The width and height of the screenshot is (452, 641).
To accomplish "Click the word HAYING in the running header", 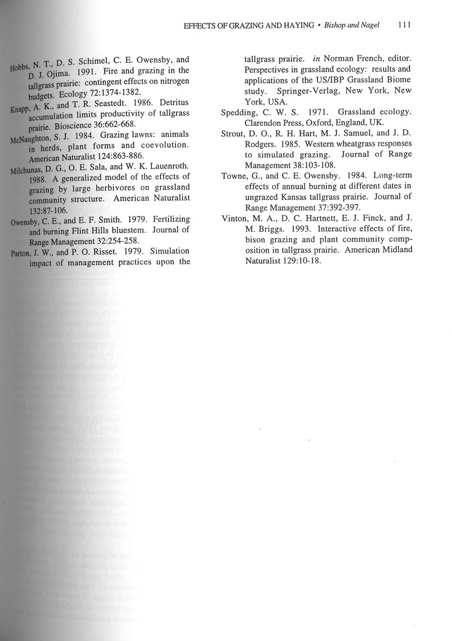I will [x=297, y=25].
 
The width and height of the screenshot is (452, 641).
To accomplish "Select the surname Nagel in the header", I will [x=370, y=25].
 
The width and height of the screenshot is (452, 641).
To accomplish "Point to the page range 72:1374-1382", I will [x=107, y=92].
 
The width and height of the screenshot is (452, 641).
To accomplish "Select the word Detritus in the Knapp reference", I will [x=174, y=102].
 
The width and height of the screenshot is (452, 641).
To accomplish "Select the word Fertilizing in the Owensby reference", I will [x=171, y=219].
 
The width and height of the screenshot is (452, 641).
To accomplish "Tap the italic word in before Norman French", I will [x=316, y=59].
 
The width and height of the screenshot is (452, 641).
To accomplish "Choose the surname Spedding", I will [x=239, y=112].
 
